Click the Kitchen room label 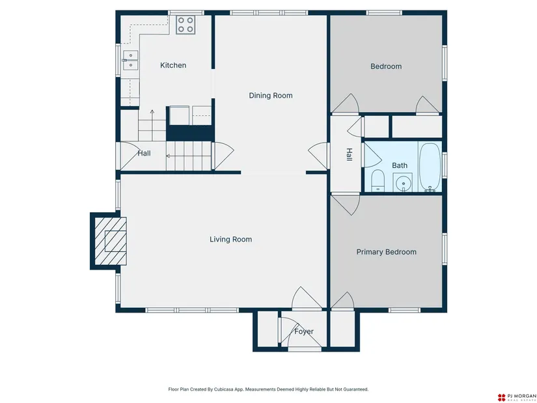(173, 65)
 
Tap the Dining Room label (271, 96)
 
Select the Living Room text (231, 239)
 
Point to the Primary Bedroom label (386, 252)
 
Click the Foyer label (304, 331)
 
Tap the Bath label (399, 165)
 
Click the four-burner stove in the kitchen (186, 25)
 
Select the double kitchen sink (130, 60)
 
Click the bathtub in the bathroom (430, 167)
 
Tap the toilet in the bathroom (378, 180)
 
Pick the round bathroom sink (403, 183)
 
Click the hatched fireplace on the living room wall (110, 241)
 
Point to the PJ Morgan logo (517, 397)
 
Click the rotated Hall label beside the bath (349, 154)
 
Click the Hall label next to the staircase (145, 153)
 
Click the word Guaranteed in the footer (356, 389)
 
